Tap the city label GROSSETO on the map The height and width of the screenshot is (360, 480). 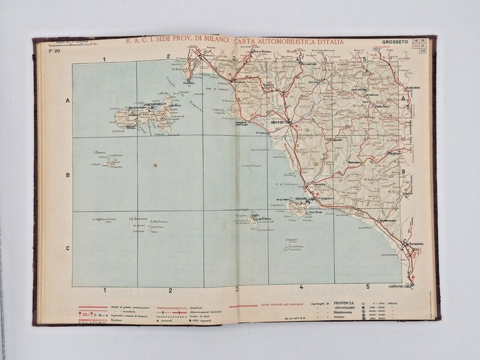(275, 122)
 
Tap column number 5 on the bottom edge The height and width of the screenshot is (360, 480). (367, 287)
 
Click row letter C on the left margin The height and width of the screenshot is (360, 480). (67, 250)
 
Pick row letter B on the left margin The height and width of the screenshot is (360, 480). (67, 175)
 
